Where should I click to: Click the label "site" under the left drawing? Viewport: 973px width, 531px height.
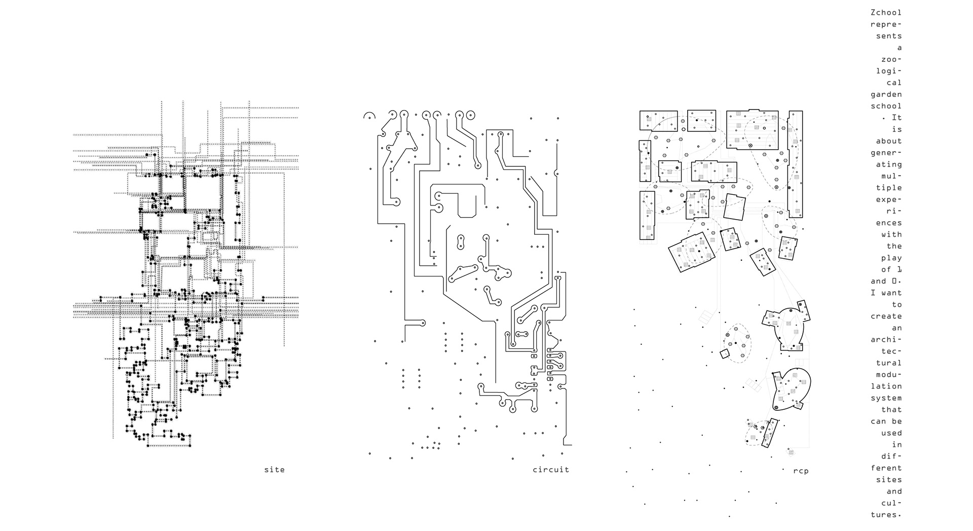point(274,470)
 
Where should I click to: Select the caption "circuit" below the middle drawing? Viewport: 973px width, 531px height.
point(551,470)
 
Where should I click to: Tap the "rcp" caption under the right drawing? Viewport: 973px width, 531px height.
point(801,471)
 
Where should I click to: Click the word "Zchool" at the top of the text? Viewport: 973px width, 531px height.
point(886,13)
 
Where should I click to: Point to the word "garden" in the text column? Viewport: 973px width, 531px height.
point(886,94)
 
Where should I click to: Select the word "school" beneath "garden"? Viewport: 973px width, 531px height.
point(886,106)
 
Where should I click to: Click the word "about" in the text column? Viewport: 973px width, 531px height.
point(888,141)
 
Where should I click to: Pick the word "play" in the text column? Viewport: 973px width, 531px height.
point(891,258)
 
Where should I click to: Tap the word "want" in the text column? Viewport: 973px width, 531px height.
point(891,293)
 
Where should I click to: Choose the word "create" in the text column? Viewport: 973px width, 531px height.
point(886,316)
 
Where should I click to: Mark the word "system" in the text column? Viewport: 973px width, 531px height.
point(886,398)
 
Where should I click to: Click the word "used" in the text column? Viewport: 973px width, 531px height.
point(891,433)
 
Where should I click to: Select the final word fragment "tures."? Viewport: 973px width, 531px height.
point(886,515)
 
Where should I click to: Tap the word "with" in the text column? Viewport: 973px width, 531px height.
point(891,234)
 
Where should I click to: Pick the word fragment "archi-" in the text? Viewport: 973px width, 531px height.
point(886,339)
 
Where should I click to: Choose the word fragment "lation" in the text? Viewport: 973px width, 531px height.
point(886,386)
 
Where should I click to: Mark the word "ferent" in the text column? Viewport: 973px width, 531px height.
point(886,468)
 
